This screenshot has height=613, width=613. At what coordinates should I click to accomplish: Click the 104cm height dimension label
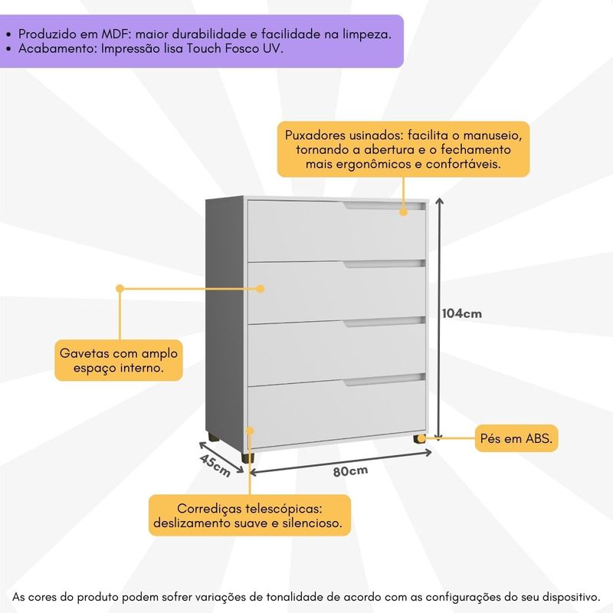(461, 313)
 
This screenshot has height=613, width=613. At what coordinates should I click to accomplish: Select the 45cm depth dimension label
(215, 464)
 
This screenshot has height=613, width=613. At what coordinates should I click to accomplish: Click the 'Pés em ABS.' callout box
(518, 438)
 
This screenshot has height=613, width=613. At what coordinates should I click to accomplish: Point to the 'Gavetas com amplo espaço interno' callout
(120, 360)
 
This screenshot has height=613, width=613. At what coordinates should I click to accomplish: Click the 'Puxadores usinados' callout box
(403, 149)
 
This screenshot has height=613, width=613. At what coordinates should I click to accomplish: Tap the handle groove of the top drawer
(383, 206)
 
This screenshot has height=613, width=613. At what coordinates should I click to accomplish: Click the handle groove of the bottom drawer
(383, 379)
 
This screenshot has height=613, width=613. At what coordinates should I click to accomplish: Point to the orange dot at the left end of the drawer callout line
(120, 289)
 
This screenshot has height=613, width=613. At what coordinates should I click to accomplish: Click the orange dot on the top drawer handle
(403, 210)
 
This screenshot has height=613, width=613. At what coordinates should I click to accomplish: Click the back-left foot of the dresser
(211, 438)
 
